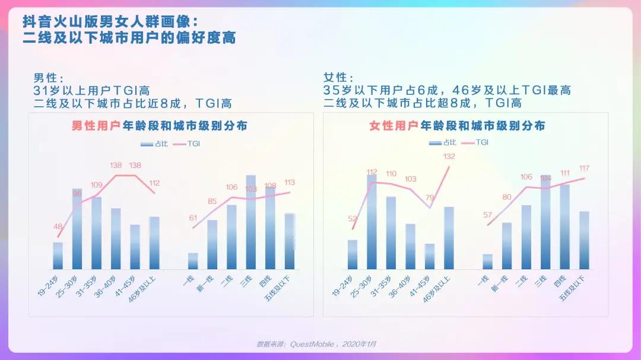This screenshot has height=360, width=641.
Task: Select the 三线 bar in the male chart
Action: (250, 222)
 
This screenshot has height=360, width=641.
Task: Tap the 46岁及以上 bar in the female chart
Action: (449, 238)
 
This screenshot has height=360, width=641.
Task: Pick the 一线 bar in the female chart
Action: (487, 262)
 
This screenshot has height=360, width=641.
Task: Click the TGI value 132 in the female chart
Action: (449, 157)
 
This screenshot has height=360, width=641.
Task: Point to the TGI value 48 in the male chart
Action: (58, 226)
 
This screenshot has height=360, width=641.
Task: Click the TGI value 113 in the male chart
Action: (290, 182)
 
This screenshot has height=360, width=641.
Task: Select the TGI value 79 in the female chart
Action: (430, 197)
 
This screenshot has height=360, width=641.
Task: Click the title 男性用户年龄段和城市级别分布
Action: (159, 126)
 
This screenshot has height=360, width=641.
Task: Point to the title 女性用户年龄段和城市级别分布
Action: (457, 126)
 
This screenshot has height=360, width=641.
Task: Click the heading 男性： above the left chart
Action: (48, 78)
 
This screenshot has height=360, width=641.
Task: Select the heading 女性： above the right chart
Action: (338, 78)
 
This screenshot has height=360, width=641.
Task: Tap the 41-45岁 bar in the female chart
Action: (430, 256)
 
